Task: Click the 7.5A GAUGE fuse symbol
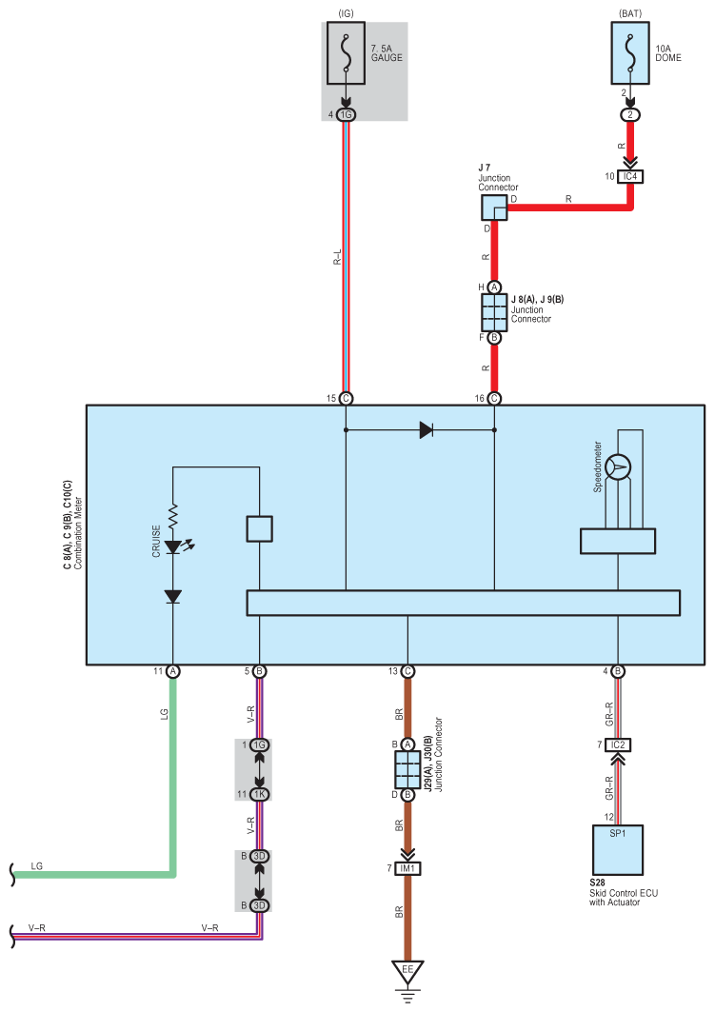point(346,53)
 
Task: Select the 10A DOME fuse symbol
point(630,53)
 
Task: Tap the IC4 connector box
point(630,176)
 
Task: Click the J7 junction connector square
point(494,208)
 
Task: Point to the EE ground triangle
point(407,972)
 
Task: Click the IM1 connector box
point(407,868)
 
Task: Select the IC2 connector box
point(618,744)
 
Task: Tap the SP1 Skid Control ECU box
point(618,850)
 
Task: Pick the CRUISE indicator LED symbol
point(173,547)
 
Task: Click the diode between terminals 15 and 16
point(426,430)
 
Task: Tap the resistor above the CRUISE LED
point(173,517)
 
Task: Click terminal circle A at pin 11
point(173,671)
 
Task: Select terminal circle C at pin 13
point(407,671)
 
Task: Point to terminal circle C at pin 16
point(494,398)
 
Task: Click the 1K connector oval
point(259,795)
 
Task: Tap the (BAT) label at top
point(630,13)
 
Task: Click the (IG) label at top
point(346,13)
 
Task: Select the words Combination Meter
point(78,532)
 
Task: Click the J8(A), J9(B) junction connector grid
point(494,312)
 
